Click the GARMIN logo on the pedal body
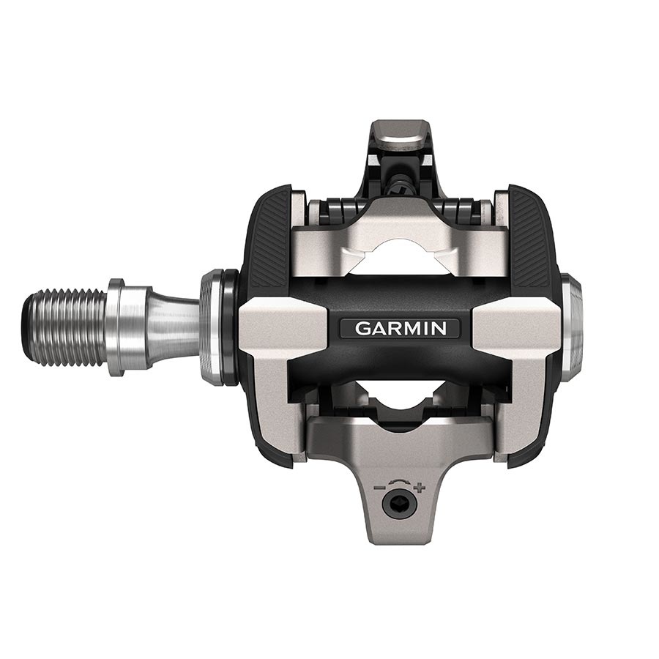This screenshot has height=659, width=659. click(400, 328)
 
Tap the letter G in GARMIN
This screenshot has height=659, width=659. click(362, 328)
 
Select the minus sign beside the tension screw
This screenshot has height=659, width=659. click(379, 487)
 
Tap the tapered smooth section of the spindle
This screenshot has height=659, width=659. click(172, 327)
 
